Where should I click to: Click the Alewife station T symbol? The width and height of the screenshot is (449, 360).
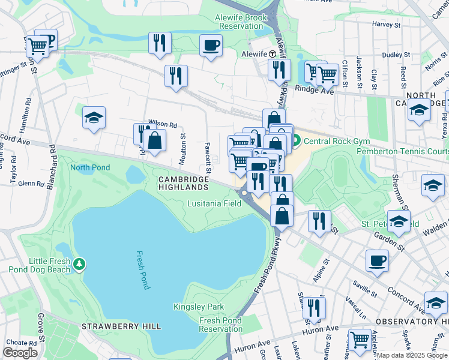[273, 53]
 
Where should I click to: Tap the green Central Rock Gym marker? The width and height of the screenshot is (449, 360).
[297, 142]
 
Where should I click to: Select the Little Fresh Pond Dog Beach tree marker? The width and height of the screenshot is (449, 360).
[79, 264]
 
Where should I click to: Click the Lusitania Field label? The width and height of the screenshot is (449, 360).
[214, 203]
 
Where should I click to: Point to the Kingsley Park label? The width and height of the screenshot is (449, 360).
[198, 307]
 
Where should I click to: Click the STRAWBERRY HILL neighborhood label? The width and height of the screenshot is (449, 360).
[121, 326]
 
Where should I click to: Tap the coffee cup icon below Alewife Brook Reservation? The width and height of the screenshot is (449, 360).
[211, 45]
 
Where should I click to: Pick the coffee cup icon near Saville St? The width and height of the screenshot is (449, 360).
[377, 260]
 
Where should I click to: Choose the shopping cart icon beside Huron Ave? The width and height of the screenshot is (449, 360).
[360, 339]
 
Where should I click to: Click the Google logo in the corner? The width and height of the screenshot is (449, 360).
[20, 353]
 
